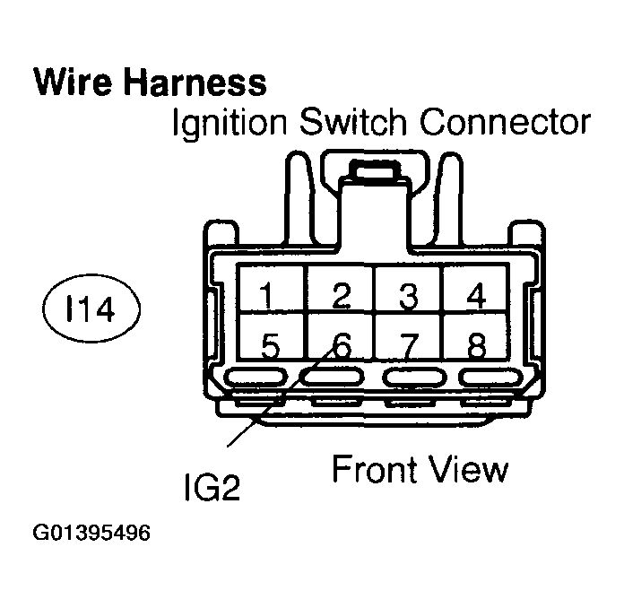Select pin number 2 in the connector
pos(339,293)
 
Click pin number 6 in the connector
pos(339,344)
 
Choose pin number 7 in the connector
pos(409,344)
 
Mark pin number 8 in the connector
pos(479,344)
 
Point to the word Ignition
pos(226,123)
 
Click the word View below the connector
pos(467,467)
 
